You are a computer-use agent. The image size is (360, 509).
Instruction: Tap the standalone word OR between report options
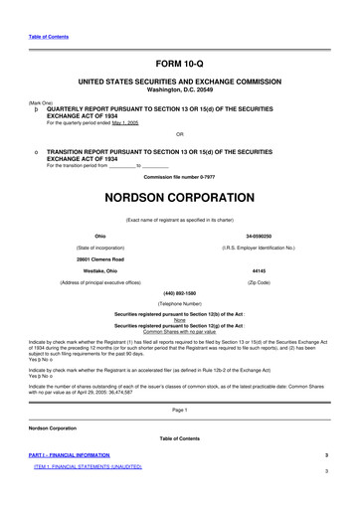(179, 134)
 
